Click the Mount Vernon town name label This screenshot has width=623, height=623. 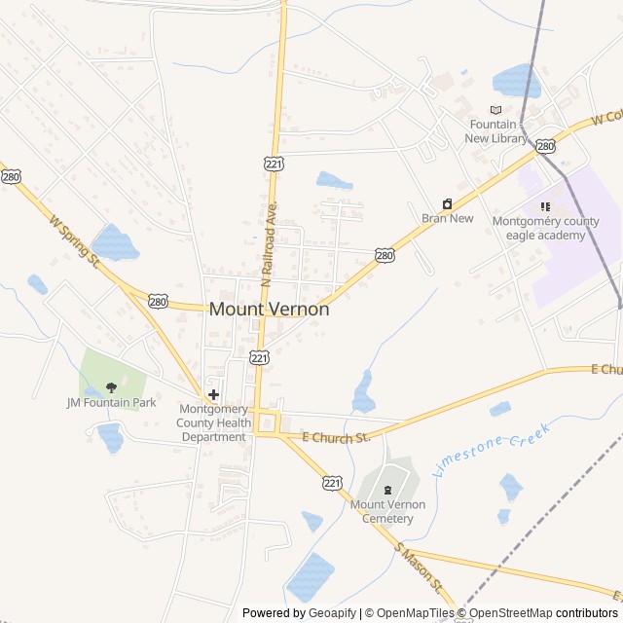pos(270,310)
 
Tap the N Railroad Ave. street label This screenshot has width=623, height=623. pos(270,243)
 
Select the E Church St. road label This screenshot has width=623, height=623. pos(336,438)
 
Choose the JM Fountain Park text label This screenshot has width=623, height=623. pos(111,403)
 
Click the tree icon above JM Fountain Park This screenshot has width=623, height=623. pos(111,387)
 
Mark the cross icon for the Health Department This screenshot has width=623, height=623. pos(213,394)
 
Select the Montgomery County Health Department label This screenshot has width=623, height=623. pos(213,423)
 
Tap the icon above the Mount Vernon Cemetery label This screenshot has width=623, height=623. pos(387,490)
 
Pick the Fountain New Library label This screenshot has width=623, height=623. pos(496,131)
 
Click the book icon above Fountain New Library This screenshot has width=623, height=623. pos(496,110)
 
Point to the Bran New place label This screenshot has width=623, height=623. pos(448,218)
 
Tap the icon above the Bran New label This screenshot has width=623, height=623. pos(447,203)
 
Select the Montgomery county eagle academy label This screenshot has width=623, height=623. pos(545,227)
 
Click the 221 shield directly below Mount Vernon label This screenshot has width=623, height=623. pos(259,358)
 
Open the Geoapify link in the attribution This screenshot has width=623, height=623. pos(332,613)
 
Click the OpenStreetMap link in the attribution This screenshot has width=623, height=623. pos(511,613)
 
